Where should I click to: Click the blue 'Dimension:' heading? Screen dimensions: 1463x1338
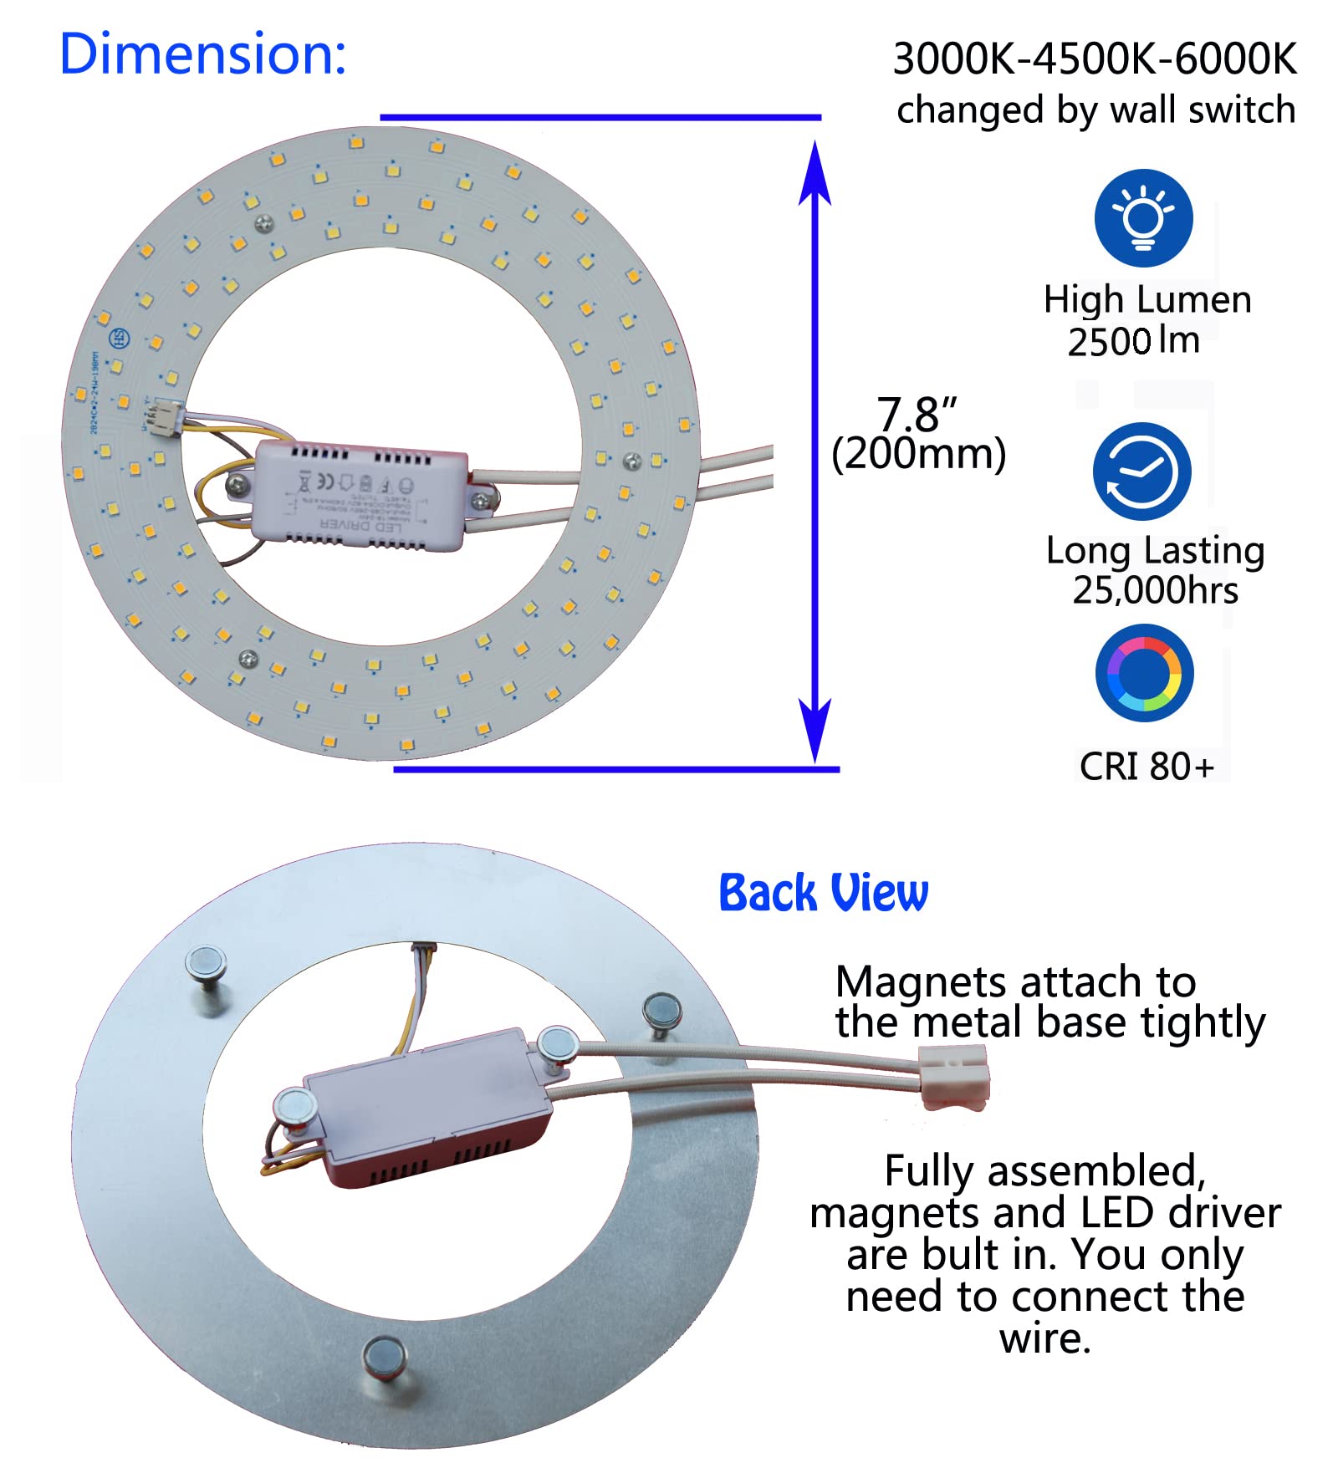coord(202,54)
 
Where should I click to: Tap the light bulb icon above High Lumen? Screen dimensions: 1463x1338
coord(1143,218)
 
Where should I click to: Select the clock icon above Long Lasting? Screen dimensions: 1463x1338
coord(1141,472)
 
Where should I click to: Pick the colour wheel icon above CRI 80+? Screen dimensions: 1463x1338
coord(1144,673)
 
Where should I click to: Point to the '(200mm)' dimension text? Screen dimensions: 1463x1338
coord(918,454)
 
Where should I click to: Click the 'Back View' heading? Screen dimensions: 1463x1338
coord(823,893)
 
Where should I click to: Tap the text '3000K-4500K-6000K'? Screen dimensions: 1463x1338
coord(1095,59)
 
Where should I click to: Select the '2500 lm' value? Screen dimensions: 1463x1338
coord(1133,341)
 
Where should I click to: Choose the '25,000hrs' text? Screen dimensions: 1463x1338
coord(1155,591)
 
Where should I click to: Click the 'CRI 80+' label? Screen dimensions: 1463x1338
coord(1146,767)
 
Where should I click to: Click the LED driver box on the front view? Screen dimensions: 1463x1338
coord(360,496)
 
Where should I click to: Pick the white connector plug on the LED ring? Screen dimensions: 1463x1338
coord(163,415)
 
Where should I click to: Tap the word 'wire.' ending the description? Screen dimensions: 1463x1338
coord(1044,1338)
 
